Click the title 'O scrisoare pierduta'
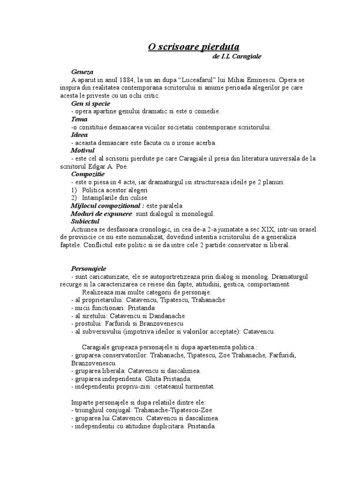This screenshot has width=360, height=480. pos(194,47)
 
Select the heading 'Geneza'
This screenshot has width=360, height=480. pos(82,72)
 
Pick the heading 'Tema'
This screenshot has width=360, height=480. pos(79,119)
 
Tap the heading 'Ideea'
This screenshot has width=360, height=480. pos(80,135)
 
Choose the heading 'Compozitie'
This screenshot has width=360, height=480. pos(88,174)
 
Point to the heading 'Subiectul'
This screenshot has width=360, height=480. pos(85,221)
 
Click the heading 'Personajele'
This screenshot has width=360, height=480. pos(89,269)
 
